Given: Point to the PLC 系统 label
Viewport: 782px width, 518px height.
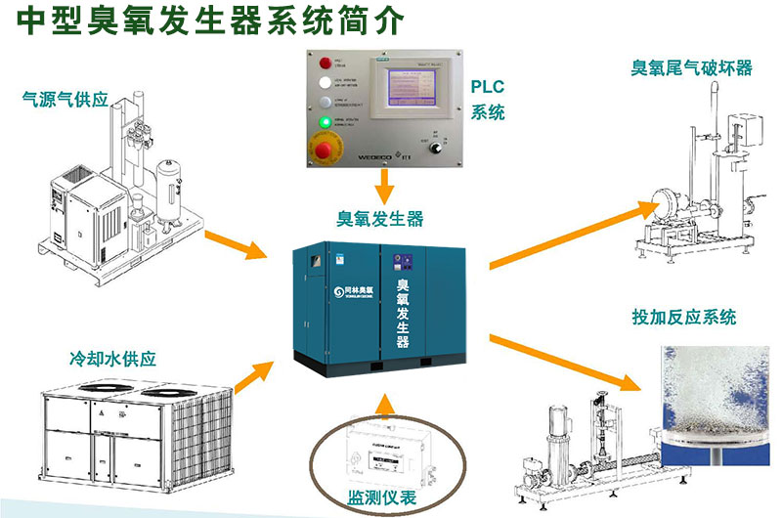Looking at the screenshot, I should (x=488, y=102).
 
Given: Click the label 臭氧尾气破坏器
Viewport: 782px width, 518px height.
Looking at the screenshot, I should (x=692, y=67).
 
